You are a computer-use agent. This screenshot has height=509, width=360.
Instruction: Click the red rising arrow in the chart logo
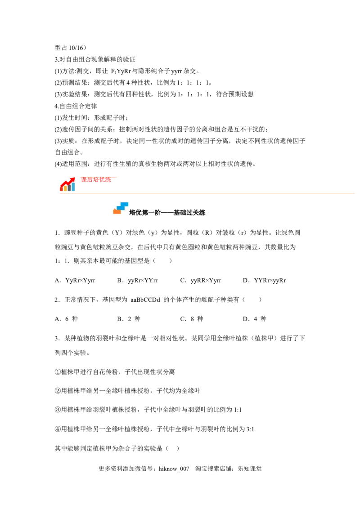(66, 182)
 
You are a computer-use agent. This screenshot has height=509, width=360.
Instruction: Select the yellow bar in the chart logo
(65, 188)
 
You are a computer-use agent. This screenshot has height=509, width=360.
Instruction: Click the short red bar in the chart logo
(61, 189)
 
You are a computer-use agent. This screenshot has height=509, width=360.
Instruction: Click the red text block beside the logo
(95, 181)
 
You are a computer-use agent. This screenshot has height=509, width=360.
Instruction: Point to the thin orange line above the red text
(99, 178)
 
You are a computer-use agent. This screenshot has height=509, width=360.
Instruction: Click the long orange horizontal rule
(207, 192)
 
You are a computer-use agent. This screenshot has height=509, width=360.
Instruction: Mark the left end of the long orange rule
(58, 192)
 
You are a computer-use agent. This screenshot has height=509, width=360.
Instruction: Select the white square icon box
(119, 206)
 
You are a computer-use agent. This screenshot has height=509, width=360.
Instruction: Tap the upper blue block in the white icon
(125, 204)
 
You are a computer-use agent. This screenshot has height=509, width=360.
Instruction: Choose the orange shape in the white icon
(117, 211)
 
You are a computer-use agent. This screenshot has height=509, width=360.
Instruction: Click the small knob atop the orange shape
(114, 209)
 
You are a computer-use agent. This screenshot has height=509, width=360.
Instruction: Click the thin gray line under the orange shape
(117, 214)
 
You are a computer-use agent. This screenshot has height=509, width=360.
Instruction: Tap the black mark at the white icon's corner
(129, 213)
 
